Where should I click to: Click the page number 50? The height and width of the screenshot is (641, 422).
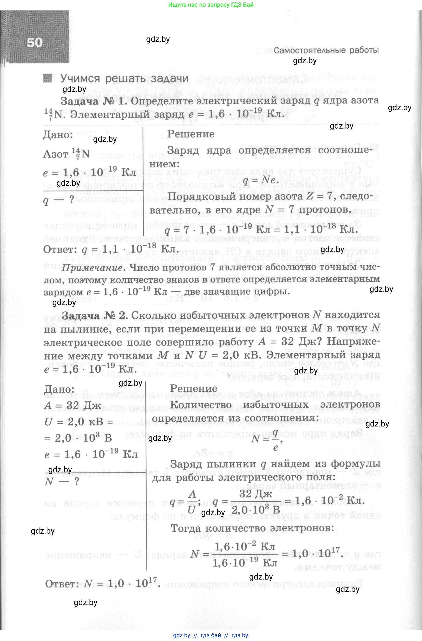coord(34,43)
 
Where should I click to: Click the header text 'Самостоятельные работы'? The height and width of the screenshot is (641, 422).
coord(326,50)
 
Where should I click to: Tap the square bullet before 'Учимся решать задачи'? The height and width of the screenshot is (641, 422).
coord(48,78)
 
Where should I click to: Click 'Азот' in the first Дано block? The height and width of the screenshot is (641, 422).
coord(56,154)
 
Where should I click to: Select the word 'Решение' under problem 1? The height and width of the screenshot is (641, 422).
coord(191,134)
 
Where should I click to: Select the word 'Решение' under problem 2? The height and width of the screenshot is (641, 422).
coord(193,388)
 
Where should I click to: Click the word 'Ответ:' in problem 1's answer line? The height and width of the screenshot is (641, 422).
coord(60,249)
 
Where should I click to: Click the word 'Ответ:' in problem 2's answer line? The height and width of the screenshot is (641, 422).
coord(62,584)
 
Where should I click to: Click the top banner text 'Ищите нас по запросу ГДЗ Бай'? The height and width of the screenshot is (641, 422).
coord(211,5)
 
